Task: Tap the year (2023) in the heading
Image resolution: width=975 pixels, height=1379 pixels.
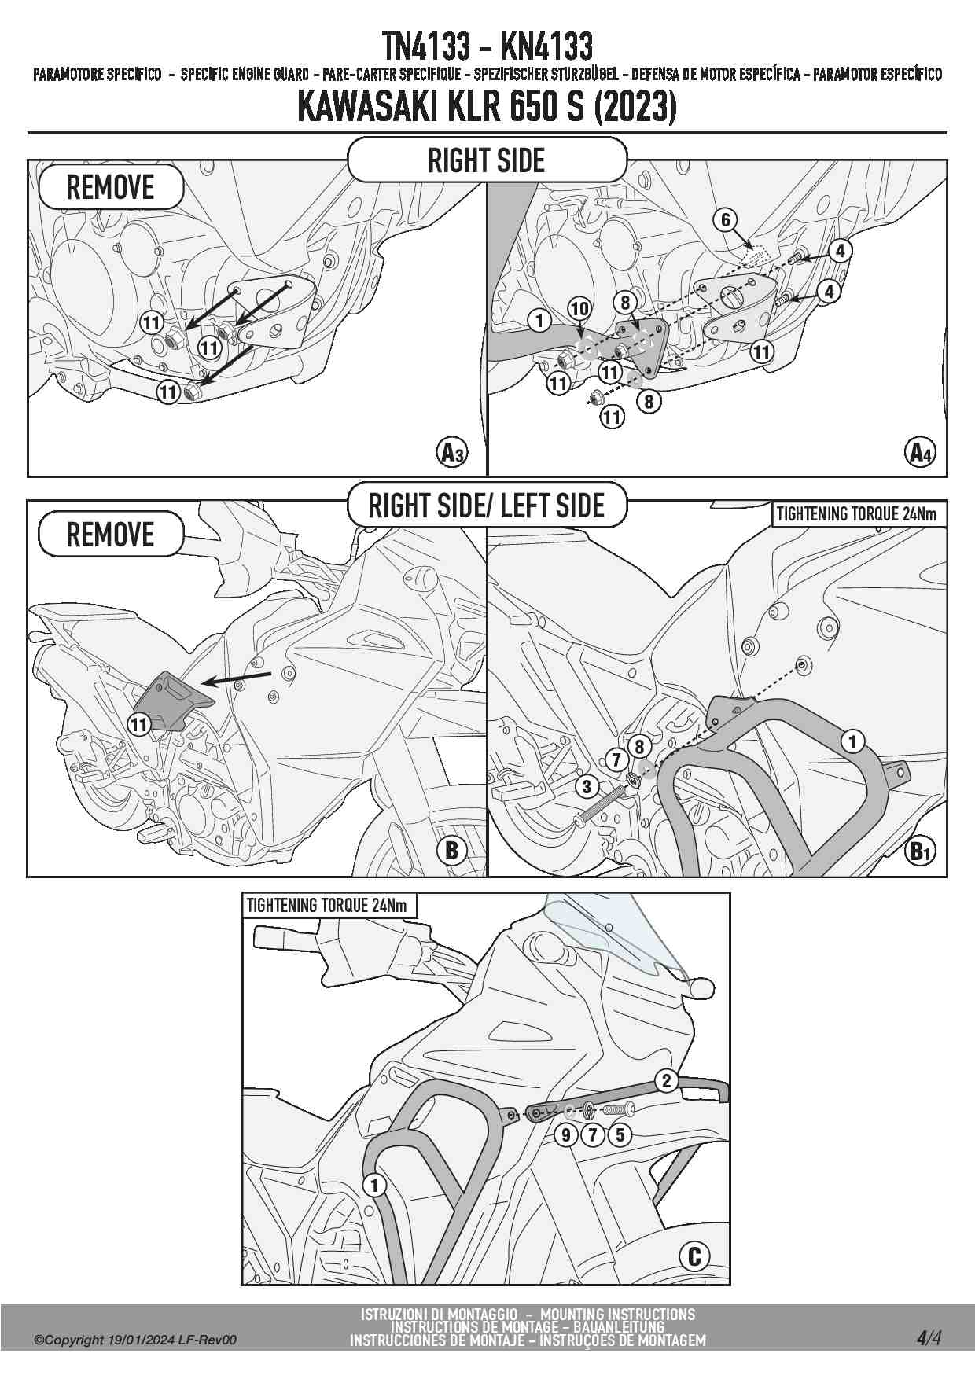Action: tap(635, 108)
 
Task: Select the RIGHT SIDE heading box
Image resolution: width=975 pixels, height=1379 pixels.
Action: tap(487, 160)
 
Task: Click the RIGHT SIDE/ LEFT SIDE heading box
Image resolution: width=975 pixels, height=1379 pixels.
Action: tap(487, 506)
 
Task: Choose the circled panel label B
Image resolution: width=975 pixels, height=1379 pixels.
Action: tap(451, 850)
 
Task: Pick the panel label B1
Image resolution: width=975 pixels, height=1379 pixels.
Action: tap(920, 851)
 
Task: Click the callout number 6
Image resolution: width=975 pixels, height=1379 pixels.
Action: tap(726, 219)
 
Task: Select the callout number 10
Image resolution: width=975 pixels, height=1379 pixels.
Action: tap(579, 308)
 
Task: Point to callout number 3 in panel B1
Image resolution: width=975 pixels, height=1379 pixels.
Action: tap(586, 785)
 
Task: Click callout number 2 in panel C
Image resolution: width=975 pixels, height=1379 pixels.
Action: tap(666, 1080)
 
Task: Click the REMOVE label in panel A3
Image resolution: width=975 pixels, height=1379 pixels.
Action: tap(110, 188)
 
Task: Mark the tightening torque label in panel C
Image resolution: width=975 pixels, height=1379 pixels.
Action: tap(327, 906)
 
